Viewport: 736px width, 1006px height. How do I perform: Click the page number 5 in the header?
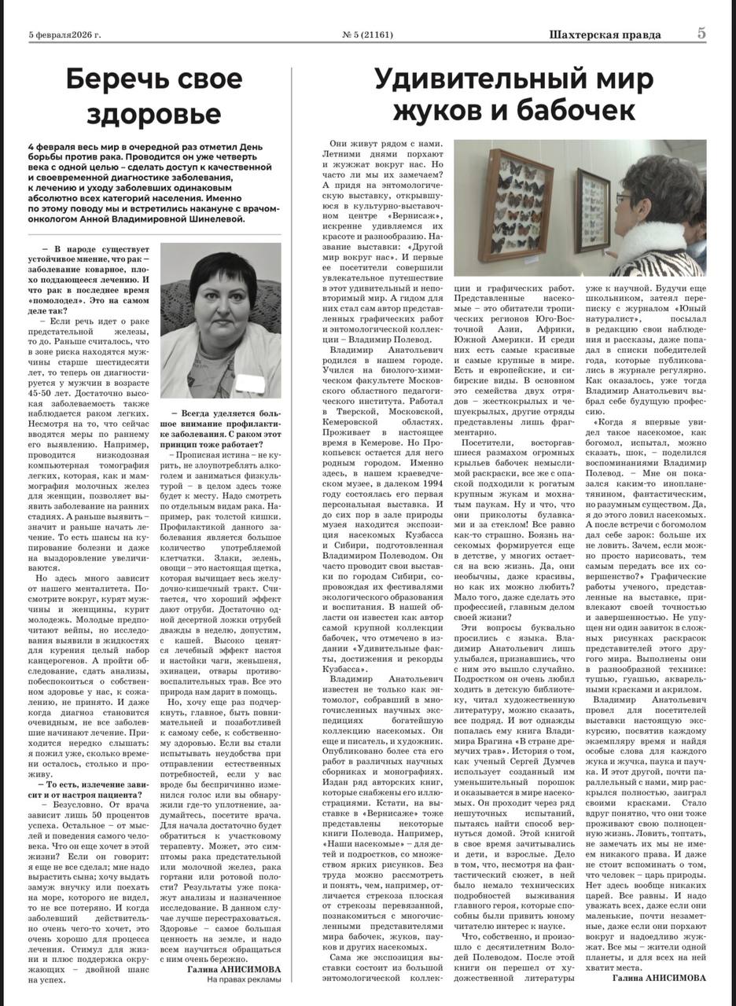[700, 34]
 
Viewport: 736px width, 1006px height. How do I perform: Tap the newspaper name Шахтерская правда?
[605, 35]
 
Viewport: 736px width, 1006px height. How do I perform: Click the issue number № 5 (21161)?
[367, 35]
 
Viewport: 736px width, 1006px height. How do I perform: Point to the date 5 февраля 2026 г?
[67, 35]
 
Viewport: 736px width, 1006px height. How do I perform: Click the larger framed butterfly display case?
[515, 204]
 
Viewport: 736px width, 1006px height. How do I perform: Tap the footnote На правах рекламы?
[243, 980]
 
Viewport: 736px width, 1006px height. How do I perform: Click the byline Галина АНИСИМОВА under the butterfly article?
[659, 977]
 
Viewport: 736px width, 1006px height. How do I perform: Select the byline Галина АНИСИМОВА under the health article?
[234, 970]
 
